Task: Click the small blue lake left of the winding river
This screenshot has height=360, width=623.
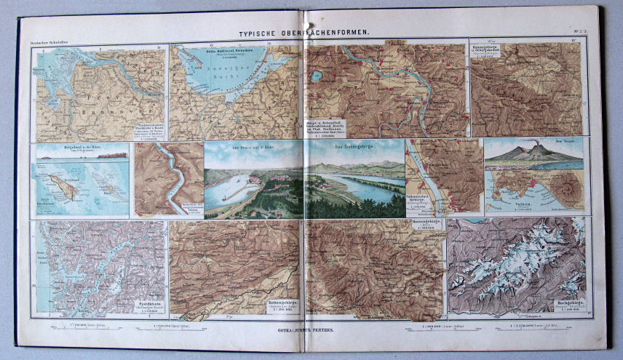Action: coord(317,73)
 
